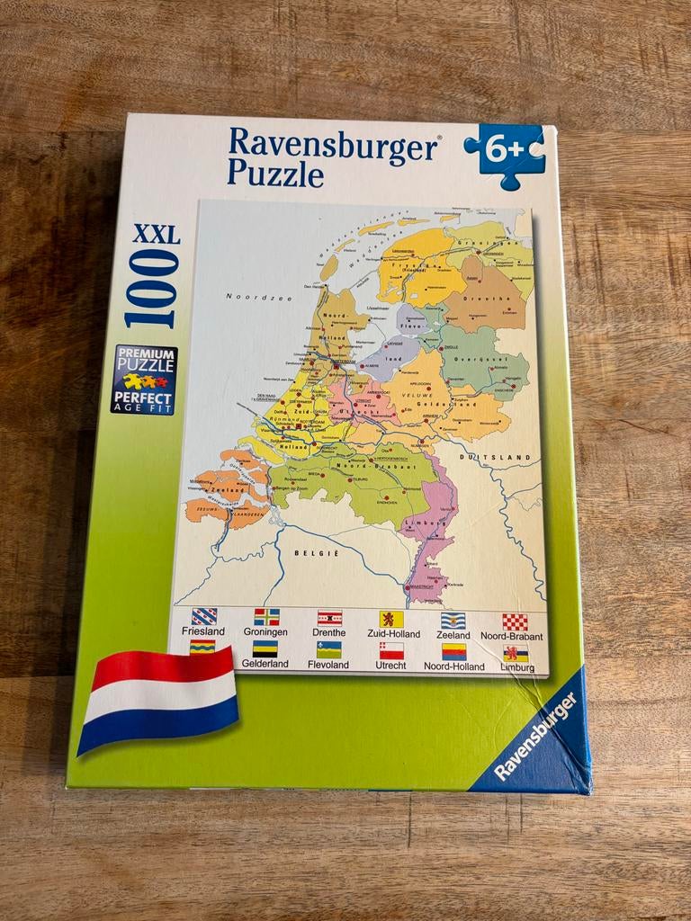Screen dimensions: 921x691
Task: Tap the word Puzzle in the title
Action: pos(275,172)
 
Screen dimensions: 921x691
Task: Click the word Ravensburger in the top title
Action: pos(333,143)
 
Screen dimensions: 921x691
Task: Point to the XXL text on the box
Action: pos(156,237)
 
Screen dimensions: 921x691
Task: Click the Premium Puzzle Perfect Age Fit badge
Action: pos(144,380)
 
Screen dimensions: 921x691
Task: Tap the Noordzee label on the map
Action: pos(248,297)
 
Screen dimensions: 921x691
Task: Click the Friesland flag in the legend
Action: pos(203,616)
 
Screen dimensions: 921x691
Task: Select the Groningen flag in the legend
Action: pos(266,616)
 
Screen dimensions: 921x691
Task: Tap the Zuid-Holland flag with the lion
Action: pos(391,619)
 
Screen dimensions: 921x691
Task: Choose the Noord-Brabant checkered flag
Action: pos(515,621)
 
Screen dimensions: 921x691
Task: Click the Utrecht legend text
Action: pos(391,666)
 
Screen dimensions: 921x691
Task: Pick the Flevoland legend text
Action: pos(328,665)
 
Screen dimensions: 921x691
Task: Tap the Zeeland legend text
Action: pos(453,634)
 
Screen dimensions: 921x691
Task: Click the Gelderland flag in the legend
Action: pos(265,648)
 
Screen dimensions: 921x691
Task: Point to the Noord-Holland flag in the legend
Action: pos(454,651)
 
